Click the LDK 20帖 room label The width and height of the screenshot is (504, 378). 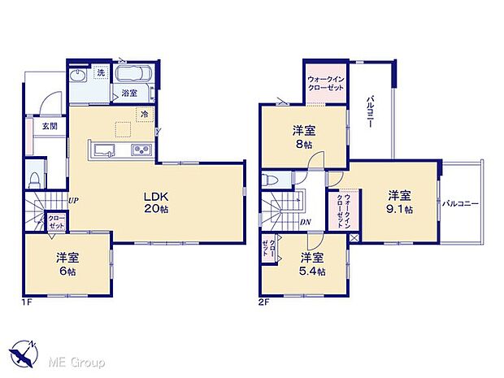coord(156,202)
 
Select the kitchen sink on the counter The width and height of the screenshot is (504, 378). coord(106,150)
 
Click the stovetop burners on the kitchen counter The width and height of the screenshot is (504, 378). coord(139,150)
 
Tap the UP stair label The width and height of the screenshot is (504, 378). coord(73,199)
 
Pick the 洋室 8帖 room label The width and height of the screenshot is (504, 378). coord(303,137)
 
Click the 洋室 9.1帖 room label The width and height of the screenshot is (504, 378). coord(398,201)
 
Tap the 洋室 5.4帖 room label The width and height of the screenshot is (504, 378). coord(311,263)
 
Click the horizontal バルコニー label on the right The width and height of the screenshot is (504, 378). coord(460,203)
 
